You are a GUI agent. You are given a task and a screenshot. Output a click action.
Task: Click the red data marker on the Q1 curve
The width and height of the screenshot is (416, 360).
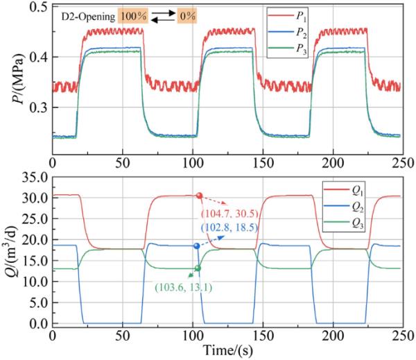click(x=199, y=196)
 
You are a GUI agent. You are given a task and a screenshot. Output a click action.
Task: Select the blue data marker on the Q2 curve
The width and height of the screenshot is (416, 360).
click(x=197, y=246)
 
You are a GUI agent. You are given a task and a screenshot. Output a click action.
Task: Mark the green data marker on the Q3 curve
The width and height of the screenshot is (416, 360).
click(x=198, y=268)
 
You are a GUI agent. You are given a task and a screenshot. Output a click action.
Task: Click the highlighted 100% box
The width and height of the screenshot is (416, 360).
click(x=132, y=14)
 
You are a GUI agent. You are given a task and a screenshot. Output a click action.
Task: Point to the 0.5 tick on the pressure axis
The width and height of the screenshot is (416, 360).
click(x=40, y=8)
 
